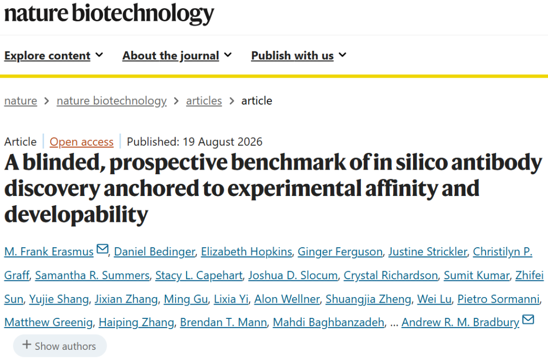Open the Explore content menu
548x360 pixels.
coord(53,56)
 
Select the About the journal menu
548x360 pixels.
coord(177,56)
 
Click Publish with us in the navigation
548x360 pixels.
coord(298,56)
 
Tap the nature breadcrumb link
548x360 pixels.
coord(21,101)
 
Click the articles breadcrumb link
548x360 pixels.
coord(204,101)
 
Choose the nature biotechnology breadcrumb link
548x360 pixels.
coord(112,101)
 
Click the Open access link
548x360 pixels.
coord(81,142)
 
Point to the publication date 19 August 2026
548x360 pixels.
coord(222,142)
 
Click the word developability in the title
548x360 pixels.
coord(76,214)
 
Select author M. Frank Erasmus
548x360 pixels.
coord(49,251)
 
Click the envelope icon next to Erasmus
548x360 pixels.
coord(102,249)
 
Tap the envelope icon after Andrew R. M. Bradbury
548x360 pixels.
coord(528,319)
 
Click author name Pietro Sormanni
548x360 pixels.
coord(498,299)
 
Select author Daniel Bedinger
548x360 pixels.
coord(154,251)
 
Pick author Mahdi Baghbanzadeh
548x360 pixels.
coord(328,322)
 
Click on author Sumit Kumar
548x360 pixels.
coord(476,275)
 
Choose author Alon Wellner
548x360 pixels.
coord(287,299)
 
